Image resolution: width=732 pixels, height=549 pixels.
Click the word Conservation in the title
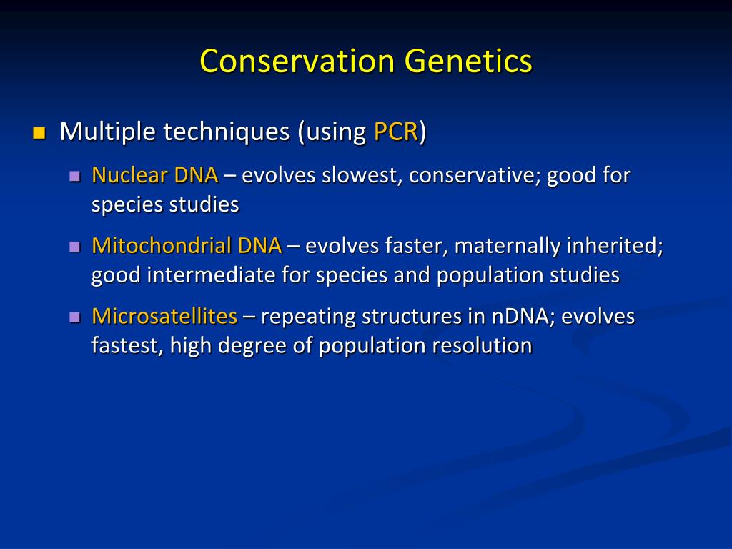[x=297, y=61]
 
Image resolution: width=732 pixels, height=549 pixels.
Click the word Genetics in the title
[x=466, y=61]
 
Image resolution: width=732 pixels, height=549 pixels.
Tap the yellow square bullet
[x=39, y=133]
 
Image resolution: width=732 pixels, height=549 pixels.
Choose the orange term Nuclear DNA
[x=155, y=175]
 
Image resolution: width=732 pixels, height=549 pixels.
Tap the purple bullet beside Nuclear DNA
[x=74, y=176]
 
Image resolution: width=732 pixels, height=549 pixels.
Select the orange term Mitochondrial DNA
[x=187, y=246]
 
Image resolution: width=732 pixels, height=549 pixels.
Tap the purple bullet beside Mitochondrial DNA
[x=74, y=247]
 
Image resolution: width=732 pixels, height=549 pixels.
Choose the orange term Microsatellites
[x=164, y=316]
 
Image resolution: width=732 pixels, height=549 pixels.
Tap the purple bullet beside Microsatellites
[x=74, y=317]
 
